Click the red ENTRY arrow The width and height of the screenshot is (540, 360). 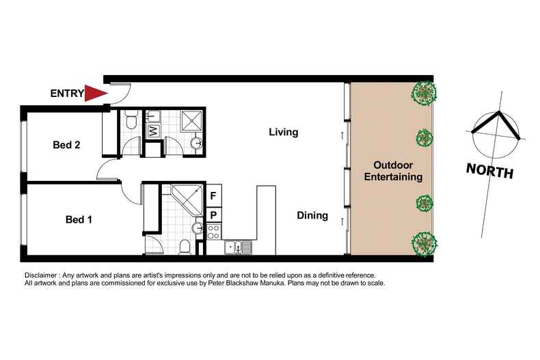[x=96, y=93]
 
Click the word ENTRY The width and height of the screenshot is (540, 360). [x=66, y=94]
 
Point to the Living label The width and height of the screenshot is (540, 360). [x=283, y=132]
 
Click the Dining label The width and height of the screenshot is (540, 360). [x=312, y=216]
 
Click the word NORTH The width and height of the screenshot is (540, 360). [x=489, y=170]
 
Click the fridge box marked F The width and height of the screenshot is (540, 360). [x=213, y=196]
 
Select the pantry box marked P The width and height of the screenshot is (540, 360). [x=213, y=214]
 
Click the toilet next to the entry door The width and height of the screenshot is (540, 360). [x=131, y=123]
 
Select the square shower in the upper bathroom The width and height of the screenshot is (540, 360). [x=191, y=121]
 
